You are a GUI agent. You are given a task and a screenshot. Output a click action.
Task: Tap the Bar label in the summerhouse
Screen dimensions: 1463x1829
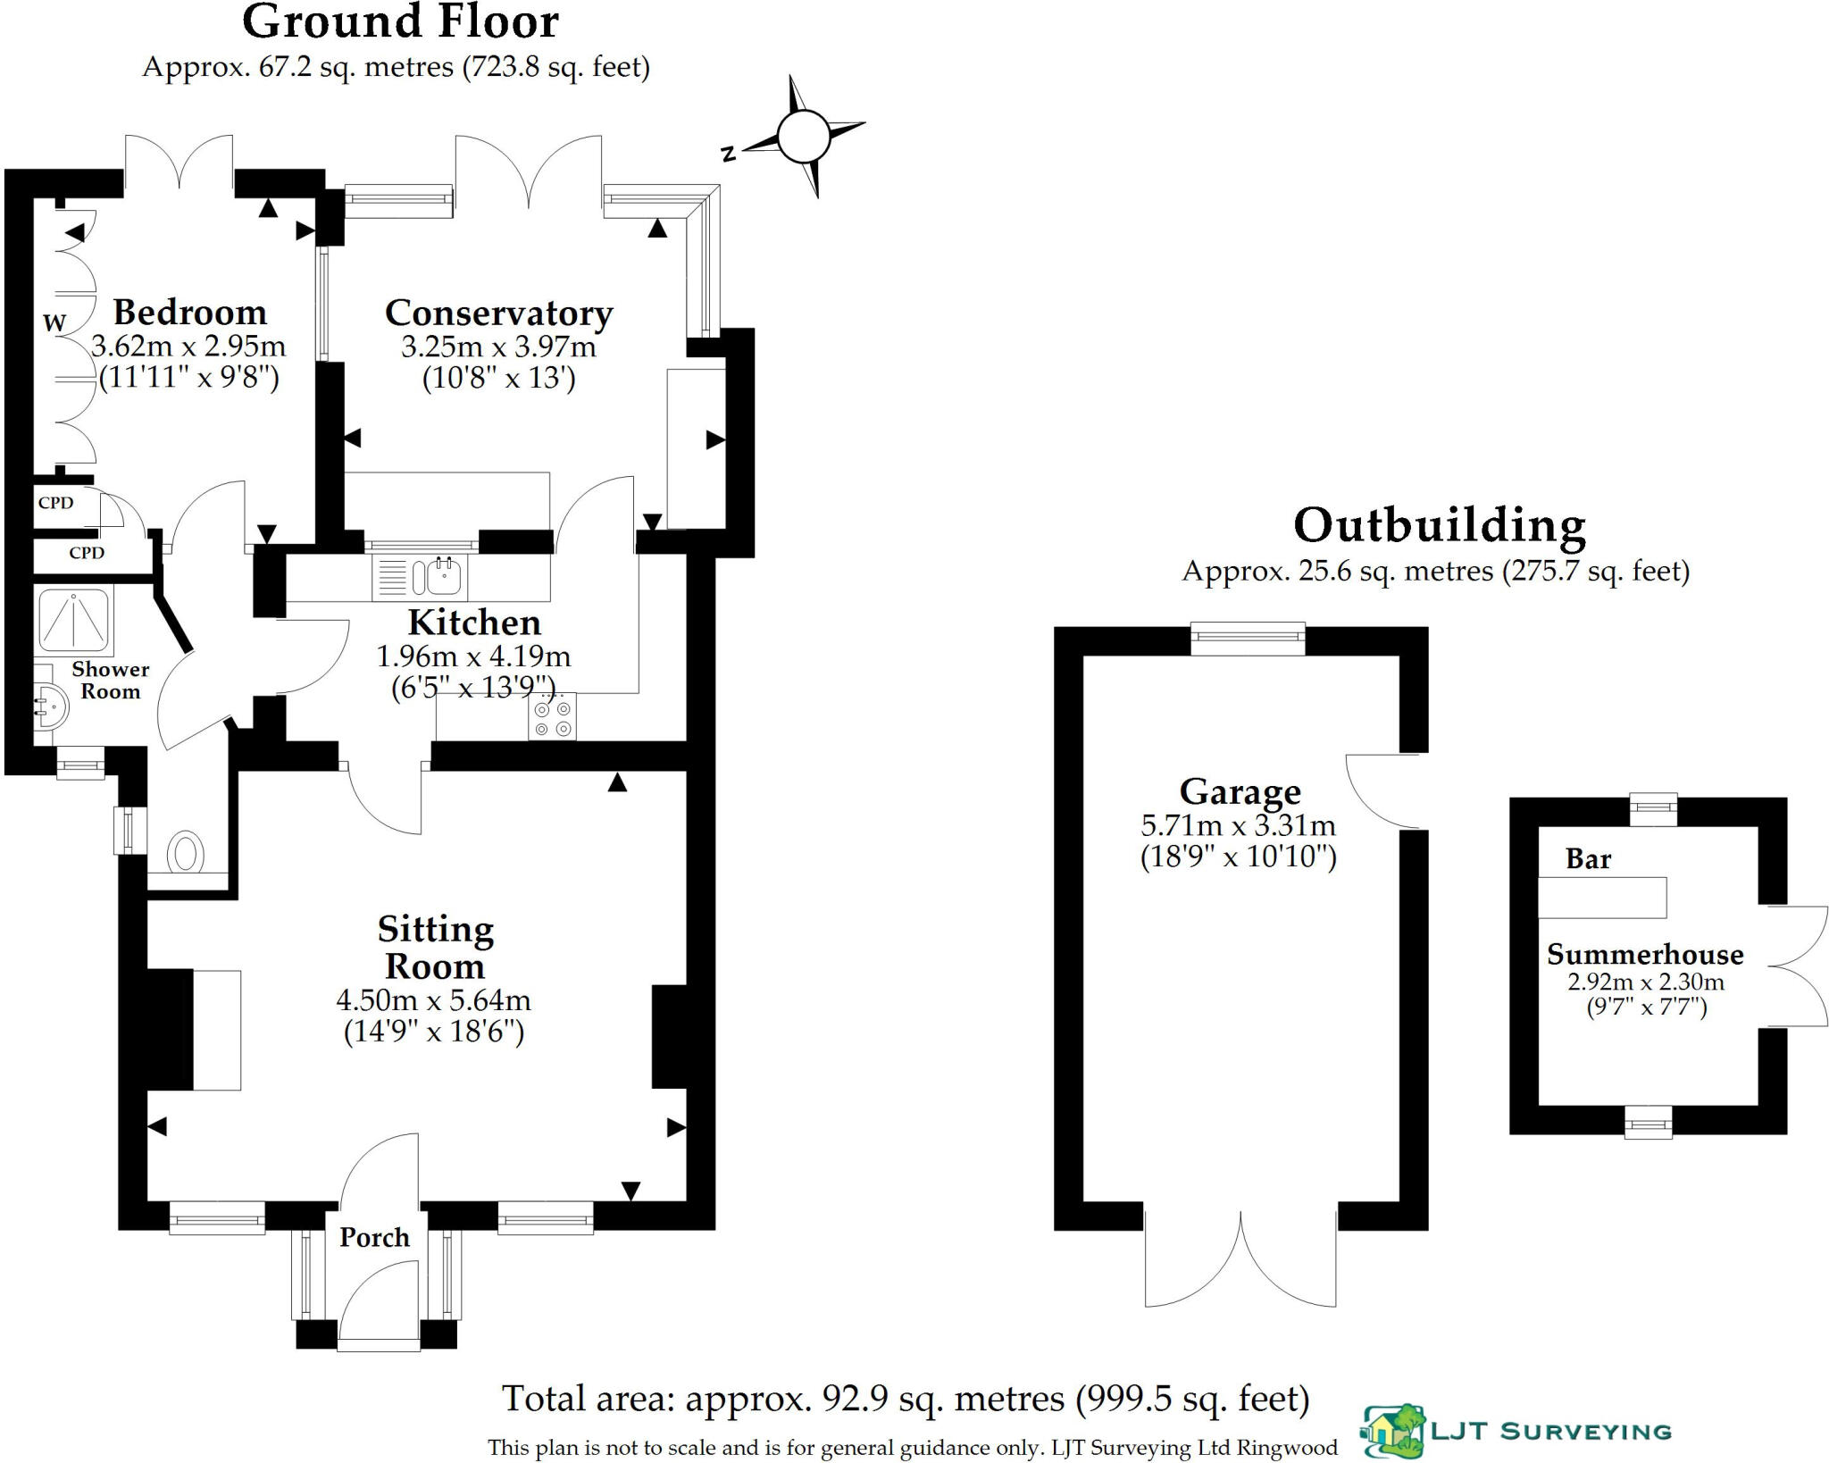[x=1588, y=859]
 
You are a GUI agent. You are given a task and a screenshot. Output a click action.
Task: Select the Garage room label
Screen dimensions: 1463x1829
[x=1240, y=791]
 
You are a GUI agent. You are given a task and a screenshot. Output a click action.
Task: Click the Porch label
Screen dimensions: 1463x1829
[x=374, y=1237]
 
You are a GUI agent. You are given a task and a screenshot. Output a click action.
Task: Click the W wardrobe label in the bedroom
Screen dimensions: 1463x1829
[x=54, y=322]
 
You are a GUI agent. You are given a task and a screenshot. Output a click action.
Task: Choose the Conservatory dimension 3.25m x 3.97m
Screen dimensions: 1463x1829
[x=498, y=347]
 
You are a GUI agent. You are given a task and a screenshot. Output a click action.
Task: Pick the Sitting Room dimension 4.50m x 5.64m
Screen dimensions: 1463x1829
[x=433, y=999]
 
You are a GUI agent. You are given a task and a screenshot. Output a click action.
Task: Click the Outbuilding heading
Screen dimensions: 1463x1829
[x=1439, y=525]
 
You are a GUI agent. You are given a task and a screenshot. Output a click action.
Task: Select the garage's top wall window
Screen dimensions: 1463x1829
[x=1248, y=638]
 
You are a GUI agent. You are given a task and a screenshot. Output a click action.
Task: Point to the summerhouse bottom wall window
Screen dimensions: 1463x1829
[x=1648, y=1122]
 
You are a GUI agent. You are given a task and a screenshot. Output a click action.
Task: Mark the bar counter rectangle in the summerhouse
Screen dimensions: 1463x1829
[x=1601, y=898]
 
